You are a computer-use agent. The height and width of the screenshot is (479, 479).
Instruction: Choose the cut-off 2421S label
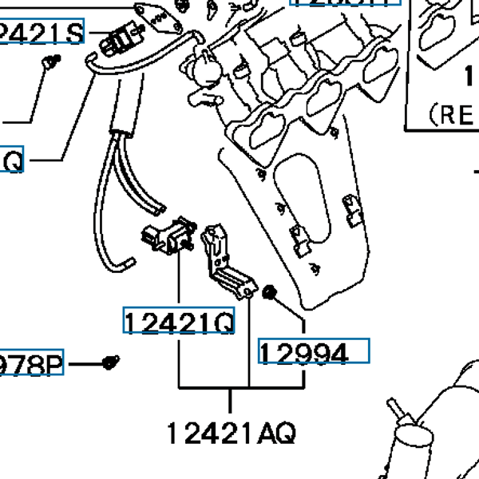[x=42, y=34]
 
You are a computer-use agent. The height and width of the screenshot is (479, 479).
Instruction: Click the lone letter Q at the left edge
[x=13, y=162]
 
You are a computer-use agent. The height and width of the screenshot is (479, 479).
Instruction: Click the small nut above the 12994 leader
[x=269, y=293]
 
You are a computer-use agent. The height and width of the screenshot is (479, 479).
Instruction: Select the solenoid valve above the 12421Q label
[x=169, y=235]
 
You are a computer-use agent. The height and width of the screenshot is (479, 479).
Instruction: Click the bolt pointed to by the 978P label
[x=112, y=363]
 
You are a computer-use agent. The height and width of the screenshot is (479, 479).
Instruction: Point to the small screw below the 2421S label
[x=52, y=61]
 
